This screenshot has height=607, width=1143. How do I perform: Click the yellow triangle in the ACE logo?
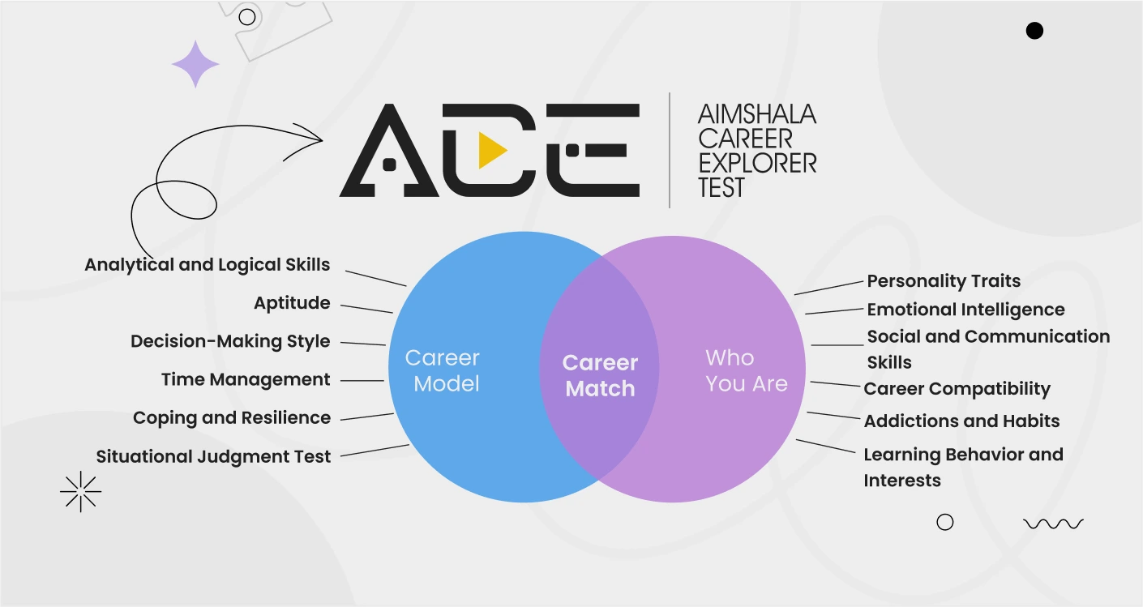click(491, 150)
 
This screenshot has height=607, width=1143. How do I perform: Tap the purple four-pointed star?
click(195, 64)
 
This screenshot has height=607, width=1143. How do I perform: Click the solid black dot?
click(1034, 31)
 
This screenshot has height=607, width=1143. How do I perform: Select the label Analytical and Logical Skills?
click(208, 265)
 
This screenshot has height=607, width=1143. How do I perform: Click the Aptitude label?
click(292, 303)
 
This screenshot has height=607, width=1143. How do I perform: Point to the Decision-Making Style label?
click(230, 341)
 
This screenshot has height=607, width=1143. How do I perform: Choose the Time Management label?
click(246, 379)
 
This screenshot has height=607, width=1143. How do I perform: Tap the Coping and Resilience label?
click(232, 417)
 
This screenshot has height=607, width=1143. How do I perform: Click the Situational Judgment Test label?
click(213, 456)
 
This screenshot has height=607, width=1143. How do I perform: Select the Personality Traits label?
click(944, 281)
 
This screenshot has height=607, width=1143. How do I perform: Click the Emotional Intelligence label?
click(966, 310)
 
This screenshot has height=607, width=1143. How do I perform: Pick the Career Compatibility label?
click(957, 389)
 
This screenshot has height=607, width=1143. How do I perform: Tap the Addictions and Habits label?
click(962, 421)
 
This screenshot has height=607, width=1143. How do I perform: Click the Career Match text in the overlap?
click(600, 376)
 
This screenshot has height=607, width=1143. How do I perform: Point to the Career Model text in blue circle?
click(443, 371)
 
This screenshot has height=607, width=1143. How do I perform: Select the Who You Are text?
click(747, 371)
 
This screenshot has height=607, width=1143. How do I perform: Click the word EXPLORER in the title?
click(757, 163)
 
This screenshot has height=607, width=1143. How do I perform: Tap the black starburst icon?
click(80, 492)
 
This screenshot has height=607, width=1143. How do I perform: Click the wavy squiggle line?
click(1053, 524)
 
